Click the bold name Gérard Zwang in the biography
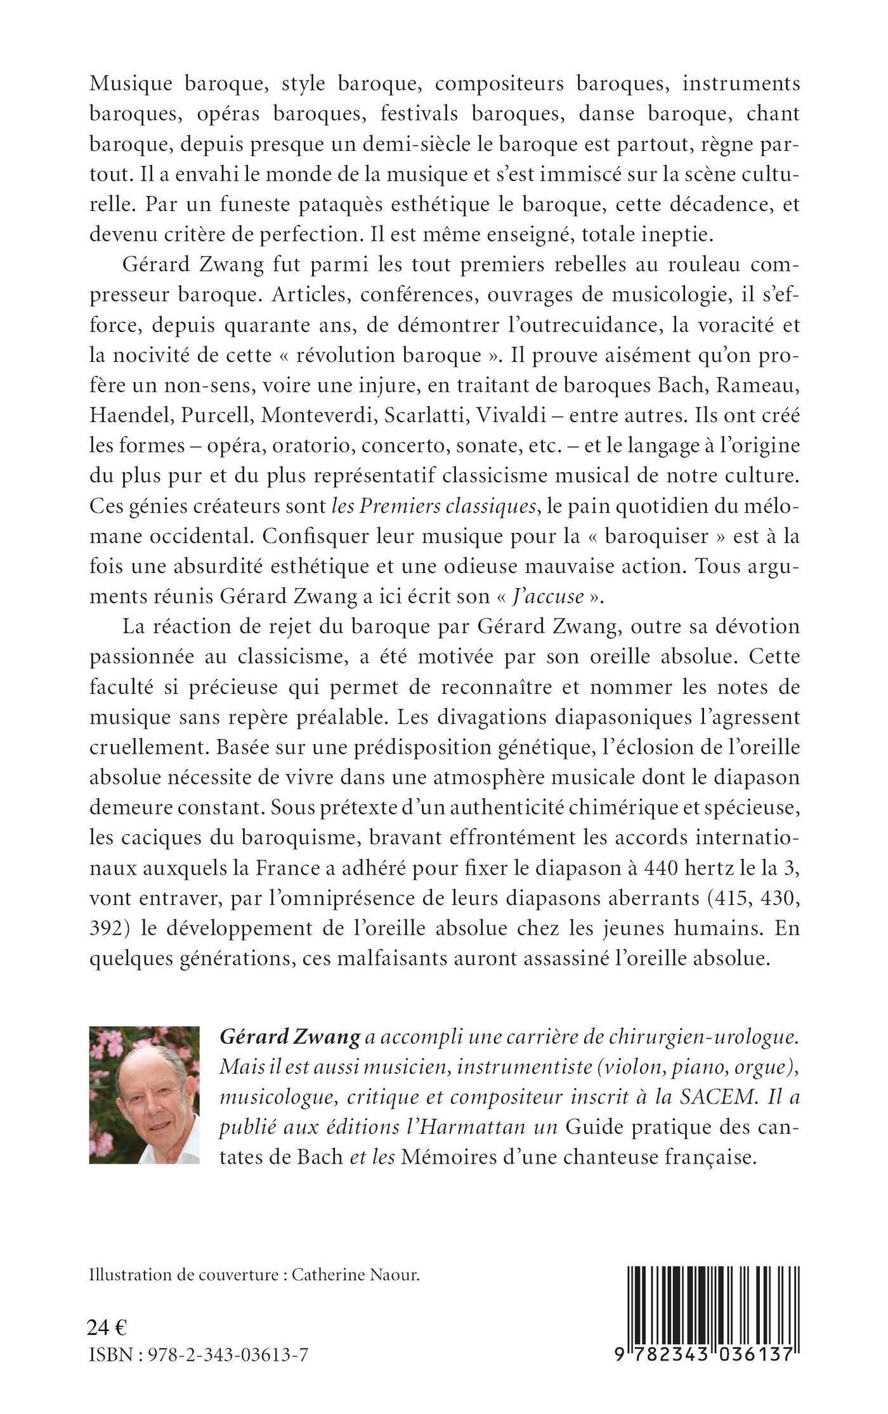pyautogui.click(x=289, y=1036)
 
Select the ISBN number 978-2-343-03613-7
pyautogui.click(x=228, y=1355)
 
